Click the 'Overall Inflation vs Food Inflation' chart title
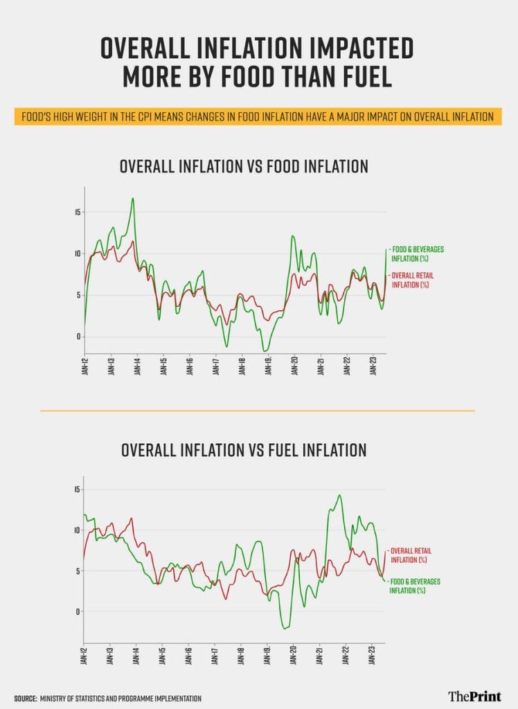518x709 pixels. click(244, 167)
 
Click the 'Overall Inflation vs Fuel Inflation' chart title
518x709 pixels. click(244, 450)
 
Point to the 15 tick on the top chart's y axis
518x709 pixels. click(78, 212)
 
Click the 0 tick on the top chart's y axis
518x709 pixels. click(79, 336)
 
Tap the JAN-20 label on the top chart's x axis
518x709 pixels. click(294, 367)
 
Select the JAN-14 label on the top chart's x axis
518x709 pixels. click(137, 367)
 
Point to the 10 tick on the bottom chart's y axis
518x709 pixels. click(78, 530)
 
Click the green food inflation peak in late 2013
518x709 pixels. click(132, 199)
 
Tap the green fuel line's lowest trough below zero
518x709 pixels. click(285, 628)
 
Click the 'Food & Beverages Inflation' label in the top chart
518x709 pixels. click(417, 253)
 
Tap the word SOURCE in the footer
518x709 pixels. click(25, 698)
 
